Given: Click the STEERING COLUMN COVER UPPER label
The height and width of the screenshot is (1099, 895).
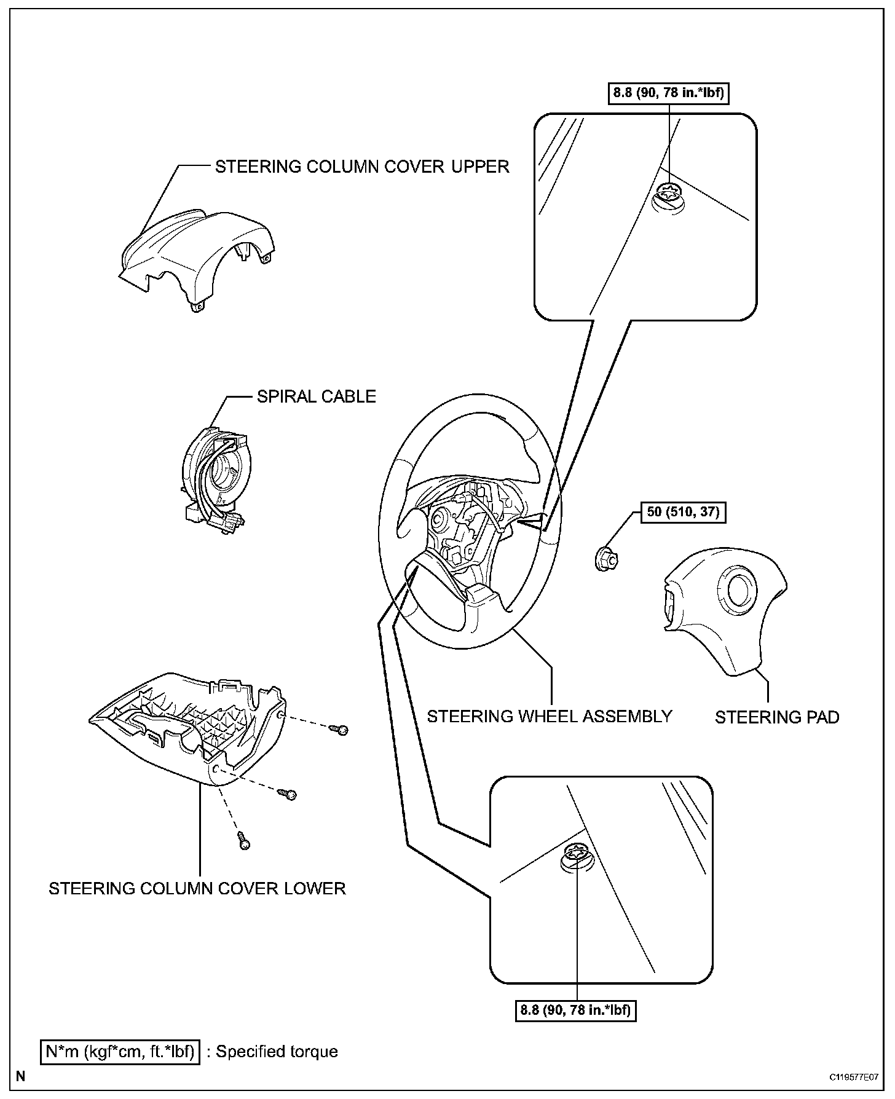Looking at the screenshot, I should pyautogui.click(x=362, y=167).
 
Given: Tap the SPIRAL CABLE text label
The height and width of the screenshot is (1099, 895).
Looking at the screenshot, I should pyautogui.click(x=316, y=396).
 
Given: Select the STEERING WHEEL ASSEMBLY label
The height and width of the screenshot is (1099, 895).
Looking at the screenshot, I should pyautogui.click(x=550, y=716).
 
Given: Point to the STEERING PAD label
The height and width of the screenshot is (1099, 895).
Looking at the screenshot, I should pyautogui.click(x=777, y=717).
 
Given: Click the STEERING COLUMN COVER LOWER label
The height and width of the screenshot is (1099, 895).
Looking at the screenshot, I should pyautogui.click(x=197, y=888).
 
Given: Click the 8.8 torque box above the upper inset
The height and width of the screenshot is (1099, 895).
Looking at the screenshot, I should pyautogui.click(x=669, y=94).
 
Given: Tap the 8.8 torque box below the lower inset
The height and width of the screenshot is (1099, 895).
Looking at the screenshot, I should pyautogui.click(x=576, y=1010).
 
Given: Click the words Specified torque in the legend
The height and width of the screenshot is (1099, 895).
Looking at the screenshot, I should pyautogui.click(x=277, y=1052).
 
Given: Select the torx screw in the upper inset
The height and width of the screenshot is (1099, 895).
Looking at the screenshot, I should pyautogui.click(x=668, y=196).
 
